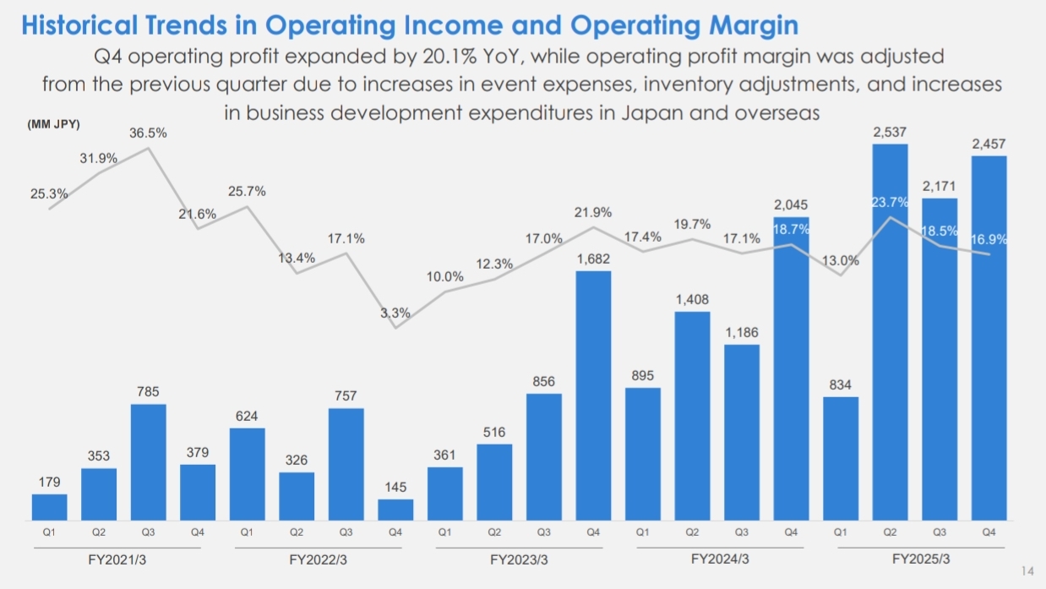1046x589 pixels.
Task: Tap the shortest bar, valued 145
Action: pos(395,509)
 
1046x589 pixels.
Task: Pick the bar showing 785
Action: pos(149,461)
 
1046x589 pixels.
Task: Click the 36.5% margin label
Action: pos(148,134)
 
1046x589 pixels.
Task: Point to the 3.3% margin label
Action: pos(395,313)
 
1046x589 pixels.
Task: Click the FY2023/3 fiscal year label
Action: pos(519,559)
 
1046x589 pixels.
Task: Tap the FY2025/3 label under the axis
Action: pos(921,559)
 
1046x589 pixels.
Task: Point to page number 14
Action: pos(1027,571)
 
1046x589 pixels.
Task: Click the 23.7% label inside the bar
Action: pos(890,203)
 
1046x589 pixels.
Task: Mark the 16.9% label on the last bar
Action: pos(989,239)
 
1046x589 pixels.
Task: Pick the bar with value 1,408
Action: pos(692,415)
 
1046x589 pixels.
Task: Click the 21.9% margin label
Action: pos(593,212)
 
